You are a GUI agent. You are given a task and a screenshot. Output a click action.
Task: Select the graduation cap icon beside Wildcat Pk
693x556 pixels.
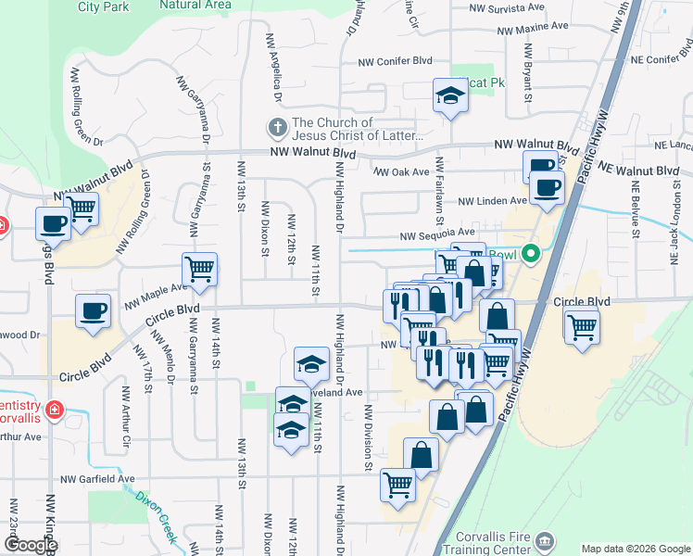click(x=450, y=95)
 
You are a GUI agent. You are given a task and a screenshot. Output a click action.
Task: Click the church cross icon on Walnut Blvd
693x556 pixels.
click(x=276, y=127)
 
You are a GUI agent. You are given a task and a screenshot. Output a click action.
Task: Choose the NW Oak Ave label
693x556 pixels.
click(x=403, y=171)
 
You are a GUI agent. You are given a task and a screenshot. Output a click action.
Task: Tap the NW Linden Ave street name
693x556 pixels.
click(x=492, y=201)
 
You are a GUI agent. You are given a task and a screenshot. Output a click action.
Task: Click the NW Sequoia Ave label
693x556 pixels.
click(x=436, y=235)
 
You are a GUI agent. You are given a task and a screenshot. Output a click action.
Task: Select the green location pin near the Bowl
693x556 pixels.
click(x=530, y=252)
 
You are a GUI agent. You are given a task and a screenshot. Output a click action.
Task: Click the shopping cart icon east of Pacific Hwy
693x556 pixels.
click(x=582, y=326)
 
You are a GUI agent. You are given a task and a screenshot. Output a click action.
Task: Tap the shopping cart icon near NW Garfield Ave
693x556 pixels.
click(x=397, y=484)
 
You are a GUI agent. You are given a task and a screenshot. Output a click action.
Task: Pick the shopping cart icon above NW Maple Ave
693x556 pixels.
click(x=199, y=269)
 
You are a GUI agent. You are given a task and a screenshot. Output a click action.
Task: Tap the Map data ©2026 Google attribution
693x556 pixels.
click(x=636, y=549)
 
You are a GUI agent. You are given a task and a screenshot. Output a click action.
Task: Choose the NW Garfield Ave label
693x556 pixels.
click(x=97, y=479)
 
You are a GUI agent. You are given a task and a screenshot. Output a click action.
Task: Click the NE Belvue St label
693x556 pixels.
click(x=636, y=208)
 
